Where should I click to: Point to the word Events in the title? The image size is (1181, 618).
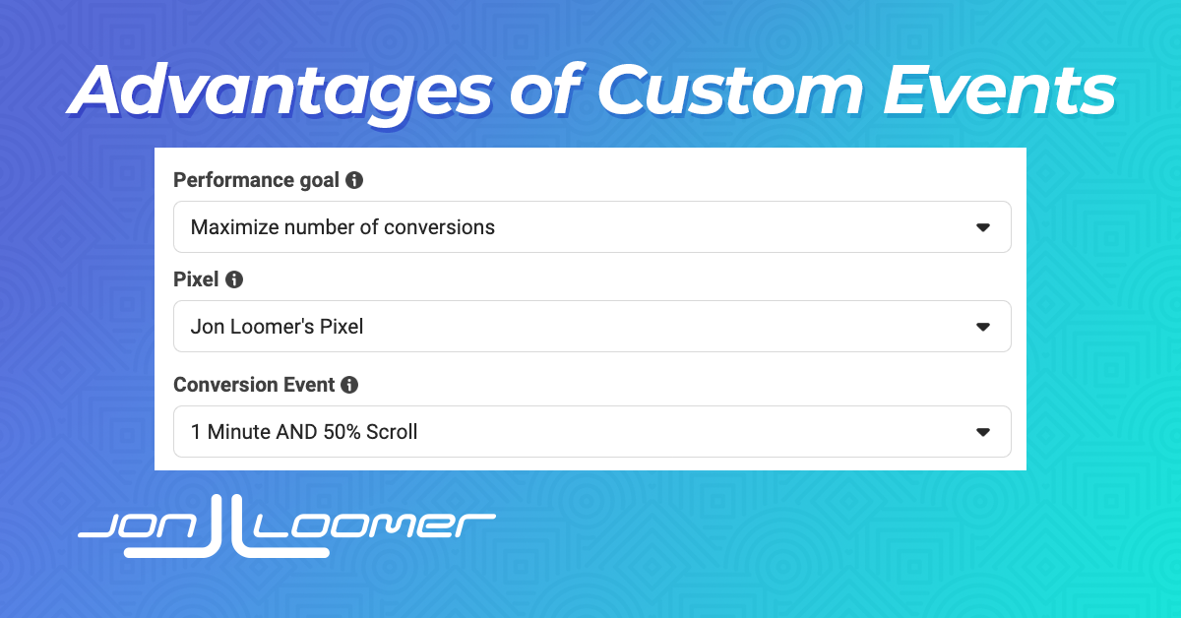(1000, 90)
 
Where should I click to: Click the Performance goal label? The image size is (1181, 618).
(256, 180)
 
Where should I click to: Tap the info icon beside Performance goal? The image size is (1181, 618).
(354, 180)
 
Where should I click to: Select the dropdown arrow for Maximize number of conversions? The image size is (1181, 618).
(983, 227)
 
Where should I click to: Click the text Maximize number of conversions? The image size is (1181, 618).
(342, 227)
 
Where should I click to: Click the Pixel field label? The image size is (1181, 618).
(196, 279)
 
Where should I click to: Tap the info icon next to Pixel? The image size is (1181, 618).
(234, 279)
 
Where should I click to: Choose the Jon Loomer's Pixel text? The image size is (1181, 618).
(277, 327)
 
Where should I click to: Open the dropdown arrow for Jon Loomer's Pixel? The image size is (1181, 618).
(983, 327)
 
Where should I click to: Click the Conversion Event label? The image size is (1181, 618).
(254, 385)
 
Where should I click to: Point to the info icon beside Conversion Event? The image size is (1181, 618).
(349, 385)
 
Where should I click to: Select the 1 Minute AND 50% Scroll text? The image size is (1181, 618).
(304, 432)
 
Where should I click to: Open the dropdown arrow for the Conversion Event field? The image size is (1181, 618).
(983, 432)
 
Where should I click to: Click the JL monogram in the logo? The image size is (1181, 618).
(226, 527)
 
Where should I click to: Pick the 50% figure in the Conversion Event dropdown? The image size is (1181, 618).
(342, 432)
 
